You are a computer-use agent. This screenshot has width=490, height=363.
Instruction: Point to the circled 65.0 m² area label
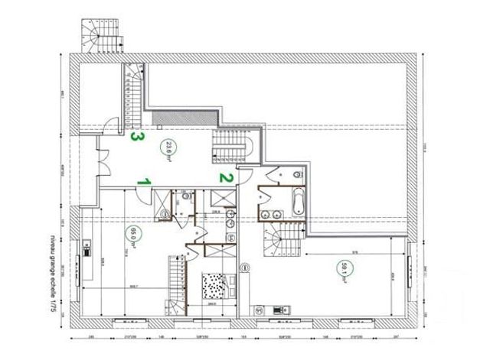click(132, 234)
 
